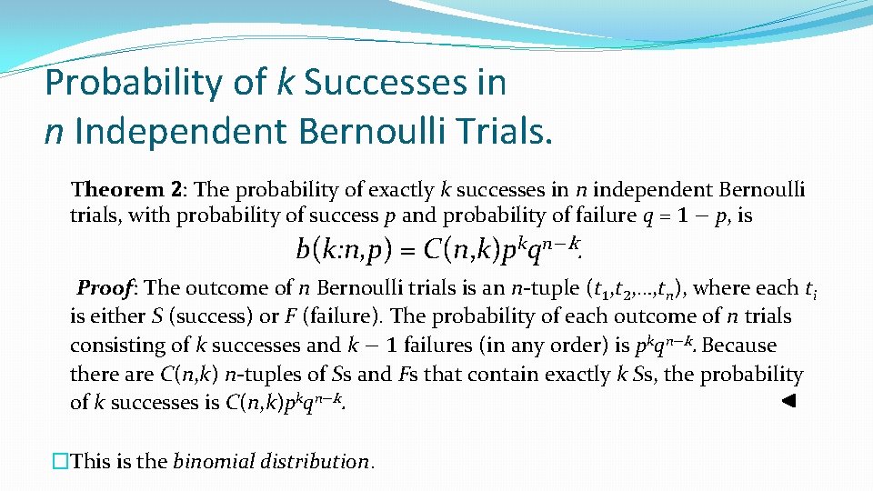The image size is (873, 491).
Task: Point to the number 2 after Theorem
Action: click(176, 190)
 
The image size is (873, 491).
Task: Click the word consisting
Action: click(115, 346)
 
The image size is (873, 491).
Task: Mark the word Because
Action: click(741, 346)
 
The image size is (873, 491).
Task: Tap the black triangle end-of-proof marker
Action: click(789, 401)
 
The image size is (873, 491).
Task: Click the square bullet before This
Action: click(61, 462)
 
